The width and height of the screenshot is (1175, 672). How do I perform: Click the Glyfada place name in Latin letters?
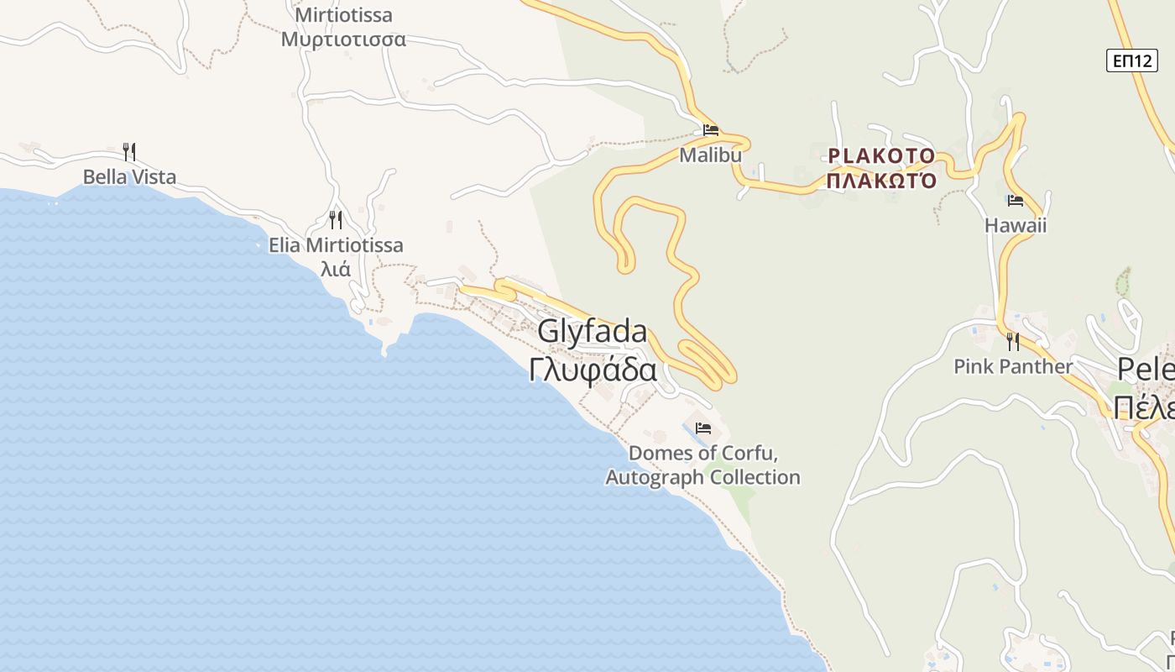[x=593, y=332]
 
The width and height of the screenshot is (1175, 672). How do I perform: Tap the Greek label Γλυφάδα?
[x=593, y=369]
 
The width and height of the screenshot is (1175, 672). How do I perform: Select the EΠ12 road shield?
[x=1131, y=60]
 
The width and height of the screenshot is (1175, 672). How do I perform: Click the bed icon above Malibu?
[x=711, y=130]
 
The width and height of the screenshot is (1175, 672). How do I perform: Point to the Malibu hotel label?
[x=711, y=155]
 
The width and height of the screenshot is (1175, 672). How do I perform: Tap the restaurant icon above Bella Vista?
[x=129, y=151]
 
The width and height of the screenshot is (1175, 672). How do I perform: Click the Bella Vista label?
[x=129, y=177]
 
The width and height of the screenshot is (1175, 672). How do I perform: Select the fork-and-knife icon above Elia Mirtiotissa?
[x=336, y=220]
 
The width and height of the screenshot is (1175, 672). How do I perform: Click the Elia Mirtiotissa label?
[x=336, y=245]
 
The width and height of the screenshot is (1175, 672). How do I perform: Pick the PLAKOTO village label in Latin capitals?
[x=881, y=156]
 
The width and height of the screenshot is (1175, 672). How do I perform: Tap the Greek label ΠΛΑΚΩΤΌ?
[x=881, y=181]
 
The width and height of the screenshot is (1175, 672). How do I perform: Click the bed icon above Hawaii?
[x=1016, y=201]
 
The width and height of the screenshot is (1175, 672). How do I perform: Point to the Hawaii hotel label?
[x=1016, y=226]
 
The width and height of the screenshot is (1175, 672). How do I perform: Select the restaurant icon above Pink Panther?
[x=1013, y=341]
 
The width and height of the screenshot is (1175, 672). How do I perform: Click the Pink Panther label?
[x=1013, y=367]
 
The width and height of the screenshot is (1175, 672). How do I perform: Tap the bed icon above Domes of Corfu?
[x=703, y=428]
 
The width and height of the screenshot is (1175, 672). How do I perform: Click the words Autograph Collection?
[x=702, y=478]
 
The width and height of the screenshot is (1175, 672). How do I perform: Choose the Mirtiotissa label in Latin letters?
[x=344, y=15]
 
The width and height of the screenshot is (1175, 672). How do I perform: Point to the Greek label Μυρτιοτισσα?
[x=344, y=39]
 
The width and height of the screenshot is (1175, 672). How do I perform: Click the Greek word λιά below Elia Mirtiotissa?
[x=336, y=270]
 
